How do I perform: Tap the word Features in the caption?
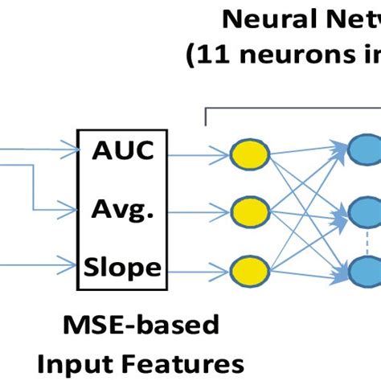[184, 358]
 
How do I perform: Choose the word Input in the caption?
[93, 358]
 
